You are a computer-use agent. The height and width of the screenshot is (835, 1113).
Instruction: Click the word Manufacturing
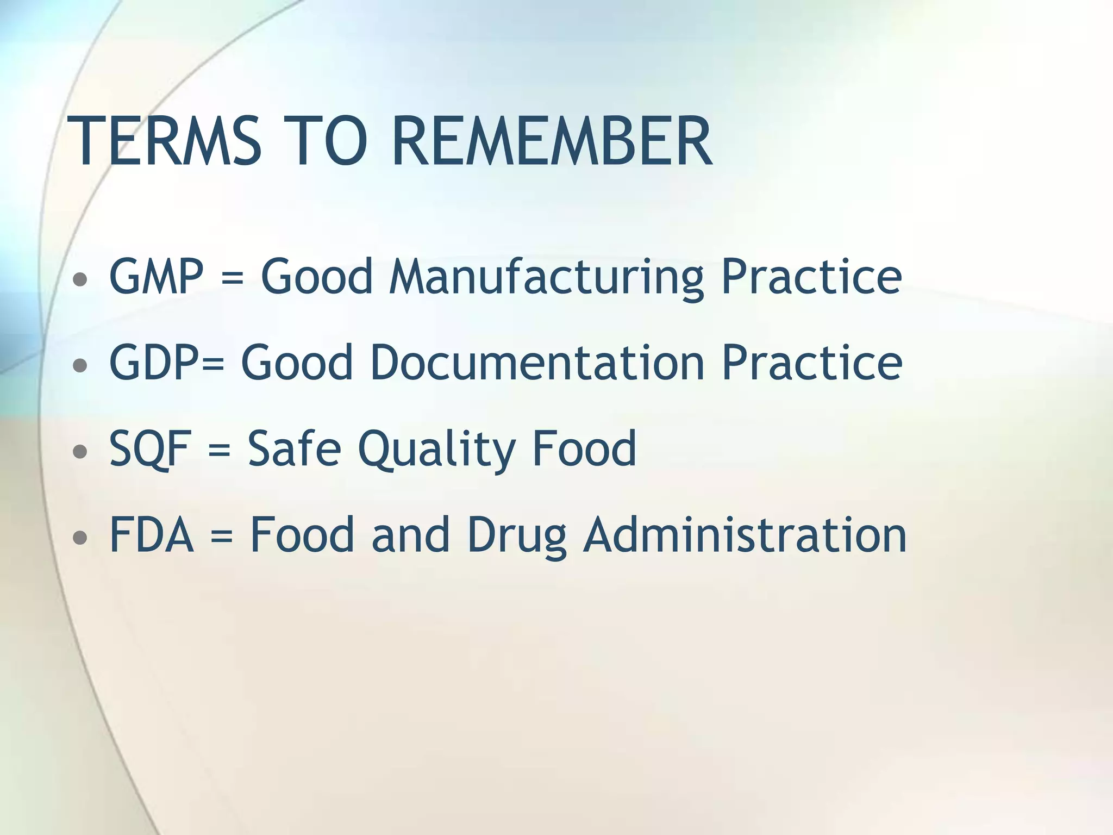(546, 277)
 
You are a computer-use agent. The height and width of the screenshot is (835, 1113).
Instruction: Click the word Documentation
(537, 363)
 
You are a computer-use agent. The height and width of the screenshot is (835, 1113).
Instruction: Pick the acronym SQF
(150, 448)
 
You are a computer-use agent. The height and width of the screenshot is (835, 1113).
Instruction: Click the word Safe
(294, 448)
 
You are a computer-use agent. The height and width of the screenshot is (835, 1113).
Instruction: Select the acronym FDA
(152, 535)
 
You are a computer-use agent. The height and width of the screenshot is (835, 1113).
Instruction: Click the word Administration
(745, 535)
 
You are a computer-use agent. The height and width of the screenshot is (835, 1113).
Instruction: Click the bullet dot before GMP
(80, 279)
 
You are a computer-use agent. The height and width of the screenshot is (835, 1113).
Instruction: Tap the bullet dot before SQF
(80, 451)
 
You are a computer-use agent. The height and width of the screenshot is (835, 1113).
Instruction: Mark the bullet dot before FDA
(80, 538)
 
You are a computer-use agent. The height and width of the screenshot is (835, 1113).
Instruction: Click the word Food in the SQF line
(584, 448)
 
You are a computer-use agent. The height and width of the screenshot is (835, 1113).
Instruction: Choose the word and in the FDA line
(411, 535)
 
